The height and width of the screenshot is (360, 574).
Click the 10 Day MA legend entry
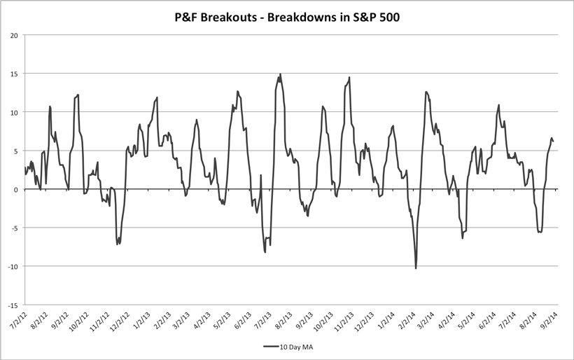[x=286, y=346]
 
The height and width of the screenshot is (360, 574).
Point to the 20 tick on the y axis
[x=14, y=35]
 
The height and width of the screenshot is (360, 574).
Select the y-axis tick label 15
[x=14, y=74]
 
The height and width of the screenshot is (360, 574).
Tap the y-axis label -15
[x=13, y=305]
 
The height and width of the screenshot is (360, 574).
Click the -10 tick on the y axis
[x=13, y=267]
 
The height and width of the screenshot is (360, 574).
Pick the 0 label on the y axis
[x=16, y=189]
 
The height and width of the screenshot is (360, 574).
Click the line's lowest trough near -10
[x=416, y=268]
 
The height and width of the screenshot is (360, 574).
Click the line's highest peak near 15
[x=281, y=74]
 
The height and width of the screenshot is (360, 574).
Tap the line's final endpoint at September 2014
[x=554, y=141]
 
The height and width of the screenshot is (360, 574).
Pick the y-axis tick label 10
[x=14, y=112]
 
